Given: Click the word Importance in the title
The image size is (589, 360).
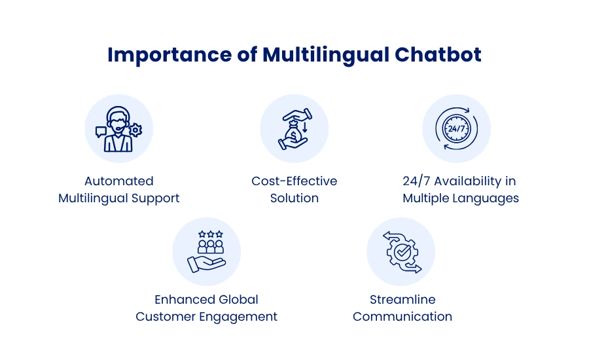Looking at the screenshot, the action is tap(170, 55).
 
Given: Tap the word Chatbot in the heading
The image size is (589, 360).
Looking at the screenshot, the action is tap(438, 54).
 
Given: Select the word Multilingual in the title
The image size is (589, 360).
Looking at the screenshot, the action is tap(326, 55).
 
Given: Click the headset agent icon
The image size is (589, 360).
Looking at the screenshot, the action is tap(118, 129).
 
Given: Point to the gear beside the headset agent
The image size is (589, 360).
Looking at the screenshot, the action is tap(135, 130).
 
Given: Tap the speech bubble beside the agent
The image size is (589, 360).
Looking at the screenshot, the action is tap(101, 132).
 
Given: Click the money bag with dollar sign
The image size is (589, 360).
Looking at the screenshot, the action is tap(293, 132).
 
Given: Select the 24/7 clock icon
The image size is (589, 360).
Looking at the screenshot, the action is tap(456, 128).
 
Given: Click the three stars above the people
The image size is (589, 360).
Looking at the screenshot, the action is tap(210, 234).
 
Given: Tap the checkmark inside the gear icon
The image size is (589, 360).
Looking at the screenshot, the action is tap(402, 251).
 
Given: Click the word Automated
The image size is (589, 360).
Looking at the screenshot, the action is tap(118, 181).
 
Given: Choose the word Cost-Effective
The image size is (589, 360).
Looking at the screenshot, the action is tap(294, 181).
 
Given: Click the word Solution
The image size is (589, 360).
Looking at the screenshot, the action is tap(294, 198).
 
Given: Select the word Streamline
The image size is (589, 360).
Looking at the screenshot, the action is tap(402, 300).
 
